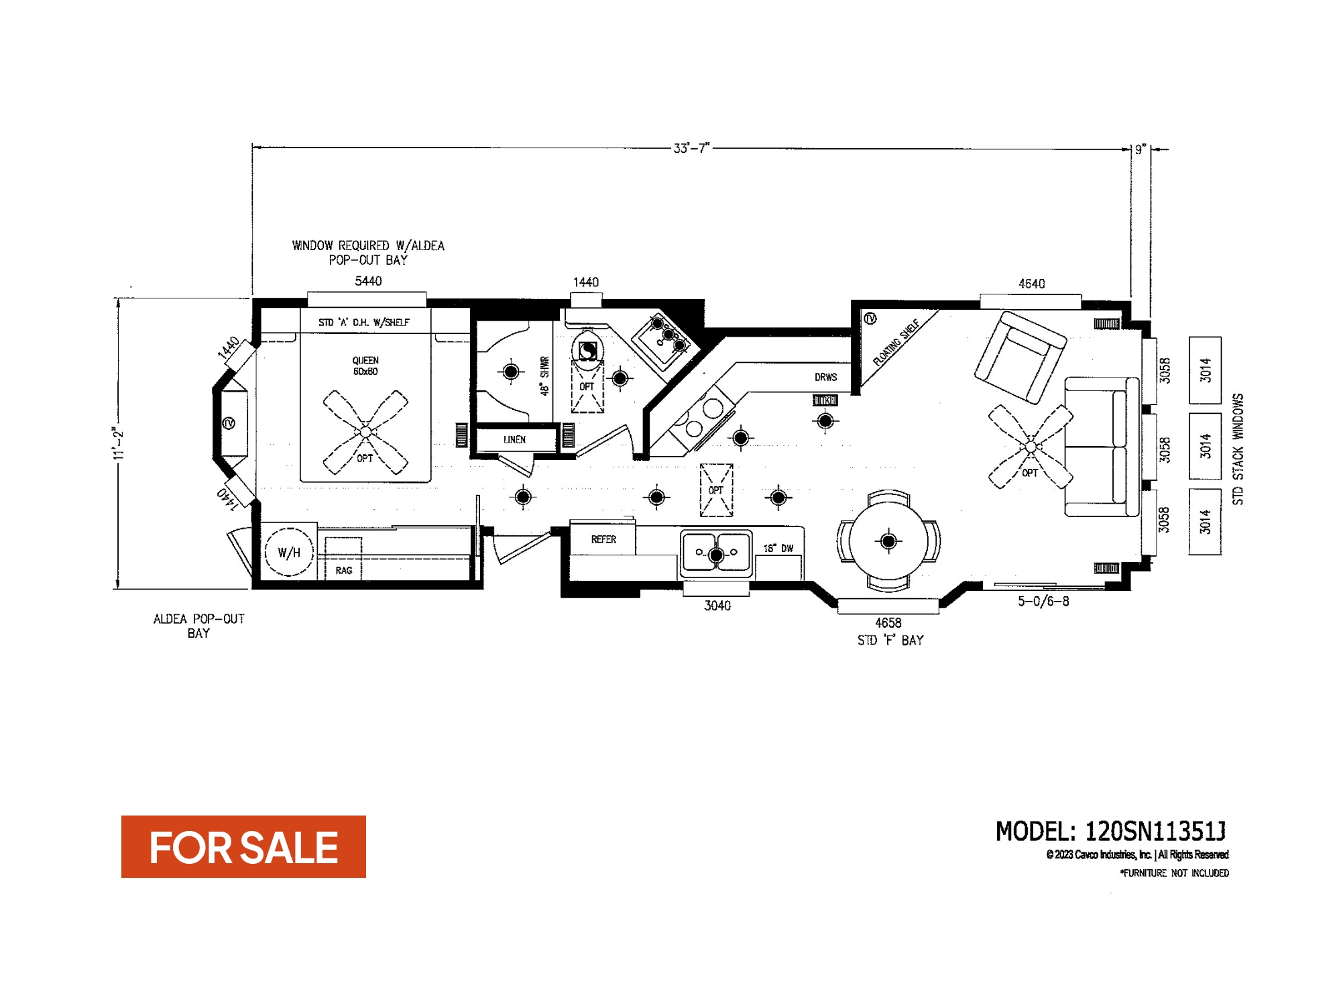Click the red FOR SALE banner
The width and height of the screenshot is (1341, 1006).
pos(243,846)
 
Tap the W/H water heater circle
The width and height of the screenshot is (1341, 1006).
pos(289,553)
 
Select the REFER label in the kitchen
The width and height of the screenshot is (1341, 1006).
pos(603,539)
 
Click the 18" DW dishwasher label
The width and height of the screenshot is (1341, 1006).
pos(778,549)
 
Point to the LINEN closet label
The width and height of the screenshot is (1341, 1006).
pos(514,440)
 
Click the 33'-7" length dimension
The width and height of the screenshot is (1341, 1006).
pos(691,148)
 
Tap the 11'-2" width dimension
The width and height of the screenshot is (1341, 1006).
pos(119,443)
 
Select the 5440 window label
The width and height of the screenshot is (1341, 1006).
pos(368,281)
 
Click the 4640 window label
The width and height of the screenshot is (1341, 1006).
pos(1031,284)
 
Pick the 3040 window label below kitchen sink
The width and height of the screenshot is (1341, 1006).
pos(717,606)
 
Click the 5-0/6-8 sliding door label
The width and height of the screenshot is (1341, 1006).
pos(1043,602)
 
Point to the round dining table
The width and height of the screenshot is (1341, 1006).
pos(888,541)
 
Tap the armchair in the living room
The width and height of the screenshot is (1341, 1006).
pos(1020,357)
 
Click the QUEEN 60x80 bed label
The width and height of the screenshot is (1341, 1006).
pos(365,366)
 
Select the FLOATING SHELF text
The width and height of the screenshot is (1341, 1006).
pos(896,343)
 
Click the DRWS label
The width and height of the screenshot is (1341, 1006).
pos(825,377)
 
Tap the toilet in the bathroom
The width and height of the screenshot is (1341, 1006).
pos(587,349)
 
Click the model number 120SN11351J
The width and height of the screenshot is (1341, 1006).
pos(1155,832)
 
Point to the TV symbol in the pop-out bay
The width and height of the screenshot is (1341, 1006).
pos(229,423)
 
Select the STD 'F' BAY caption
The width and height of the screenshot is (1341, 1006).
pos(890,640)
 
